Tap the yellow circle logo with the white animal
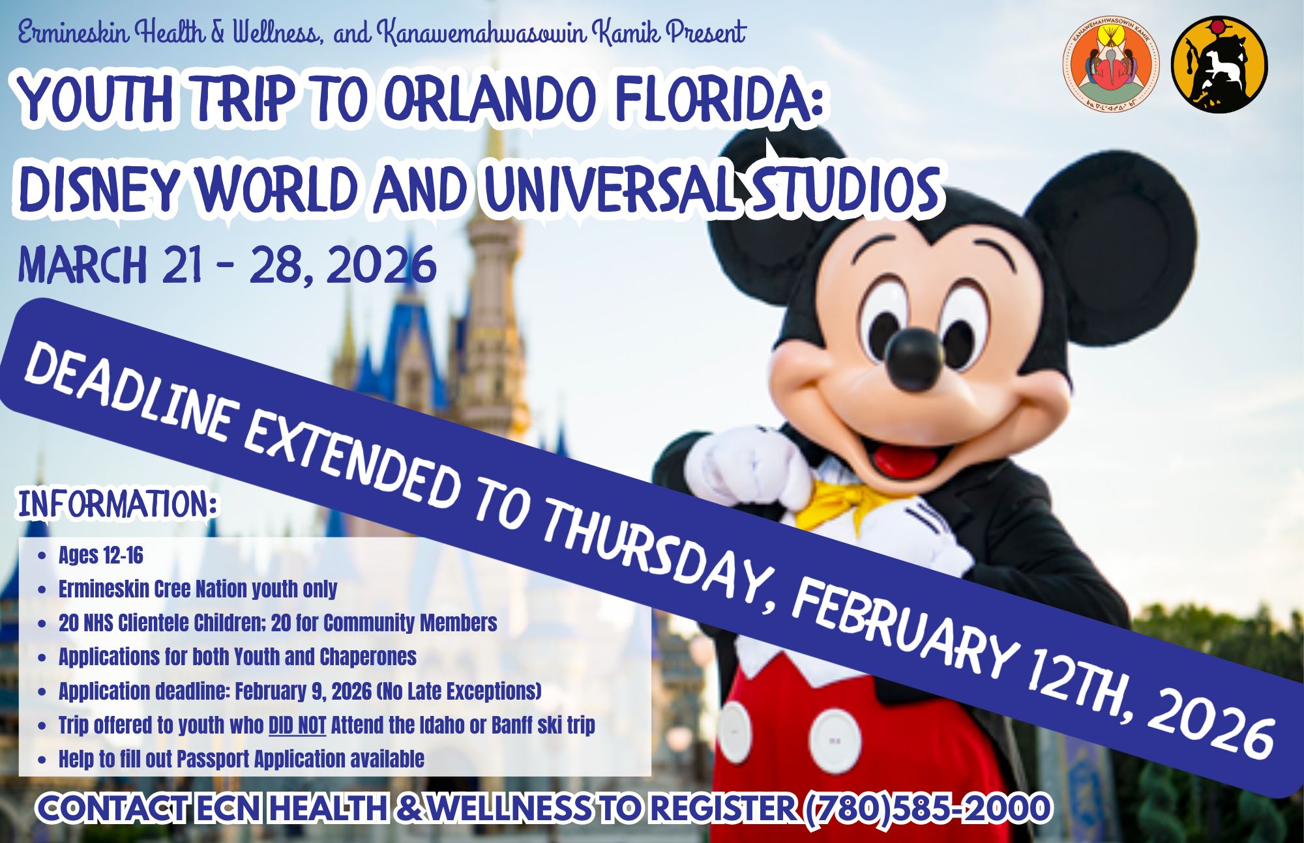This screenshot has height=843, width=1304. (x=1219, y=65)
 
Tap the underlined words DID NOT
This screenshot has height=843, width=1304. (x=297, y=725)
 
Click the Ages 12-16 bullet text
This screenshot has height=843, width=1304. (x=101, y=556)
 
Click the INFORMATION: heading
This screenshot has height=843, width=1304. (x=117, y=505)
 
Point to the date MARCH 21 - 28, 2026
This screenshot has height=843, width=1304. (x=228, y=265)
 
